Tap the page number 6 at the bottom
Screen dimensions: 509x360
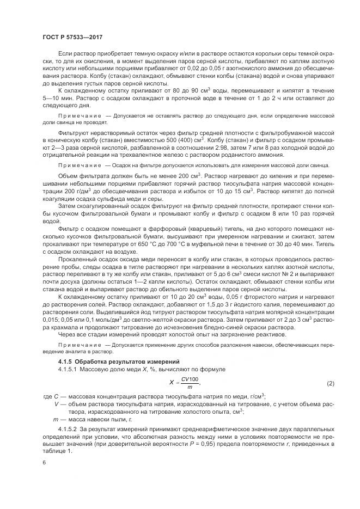[44, 462]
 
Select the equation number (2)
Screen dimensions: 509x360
[330, 384]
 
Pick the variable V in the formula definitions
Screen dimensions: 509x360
[57, 404]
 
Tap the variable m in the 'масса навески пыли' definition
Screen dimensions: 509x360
[56, 420]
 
